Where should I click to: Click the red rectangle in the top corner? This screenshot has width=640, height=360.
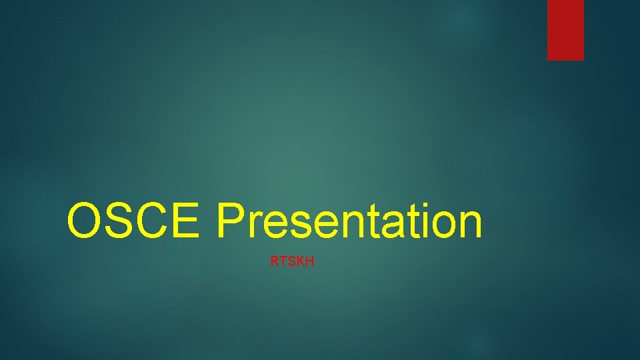565,30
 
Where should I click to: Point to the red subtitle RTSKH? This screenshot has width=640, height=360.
292,262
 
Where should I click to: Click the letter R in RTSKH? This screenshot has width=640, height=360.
274,262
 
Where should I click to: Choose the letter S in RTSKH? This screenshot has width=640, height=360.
291,262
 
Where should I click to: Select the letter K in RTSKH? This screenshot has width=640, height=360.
301,262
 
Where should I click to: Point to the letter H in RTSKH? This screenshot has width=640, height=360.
310,262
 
